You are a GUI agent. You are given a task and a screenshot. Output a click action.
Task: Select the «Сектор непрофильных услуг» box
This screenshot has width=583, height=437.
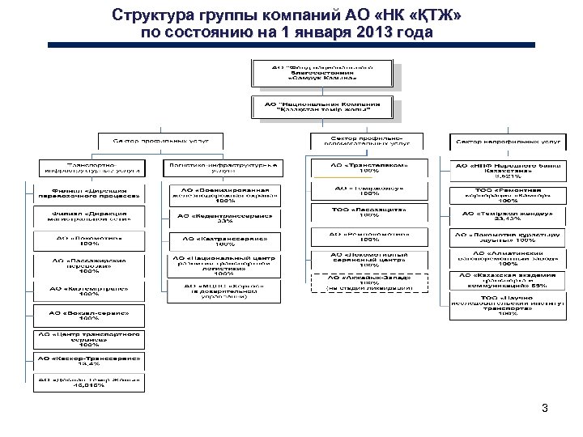(x=507, y=142)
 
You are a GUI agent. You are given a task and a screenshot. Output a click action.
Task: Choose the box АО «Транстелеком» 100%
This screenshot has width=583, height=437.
(x=368, y=168)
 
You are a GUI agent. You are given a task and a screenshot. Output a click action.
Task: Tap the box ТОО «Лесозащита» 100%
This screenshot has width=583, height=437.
(x=368, y=213)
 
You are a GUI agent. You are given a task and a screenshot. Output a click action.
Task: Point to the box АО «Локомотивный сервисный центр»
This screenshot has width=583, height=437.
(x=368, y=259)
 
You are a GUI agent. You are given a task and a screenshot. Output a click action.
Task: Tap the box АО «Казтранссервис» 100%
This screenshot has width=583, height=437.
(x=226, y=241)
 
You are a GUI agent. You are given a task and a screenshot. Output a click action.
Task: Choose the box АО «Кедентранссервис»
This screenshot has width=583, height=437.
(x=226, y=218)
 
